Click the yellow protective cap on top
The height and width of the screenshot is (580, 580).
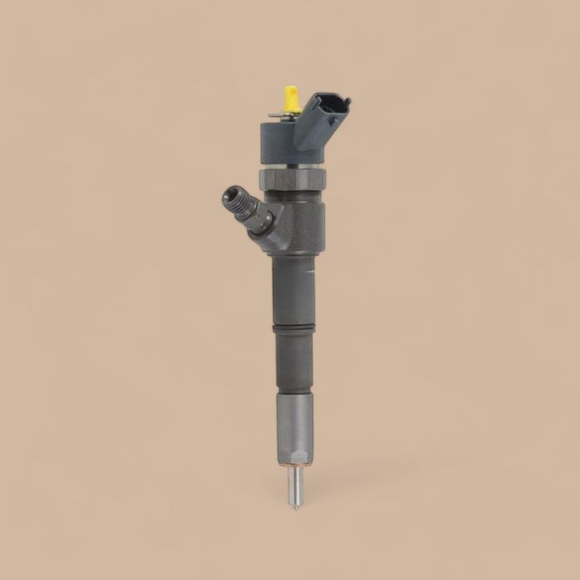291,99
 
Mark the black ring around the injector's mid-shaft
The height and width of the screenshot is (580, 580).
294,329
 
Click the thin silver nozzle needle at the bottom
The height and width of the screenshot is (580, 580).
295,486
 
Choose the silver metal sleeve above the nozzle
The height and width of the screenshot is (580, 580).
295,423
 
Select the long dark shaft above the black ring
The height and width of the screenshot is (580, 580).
294,286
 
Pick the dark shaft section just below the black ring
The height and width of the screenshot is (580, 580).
294,360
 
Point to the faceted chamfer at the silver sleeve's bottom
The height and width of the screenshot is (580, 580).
295,458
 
